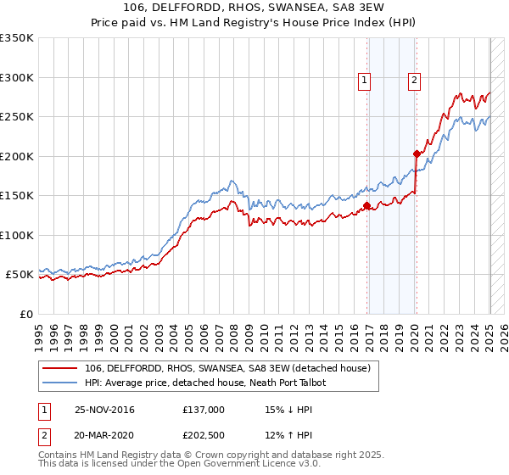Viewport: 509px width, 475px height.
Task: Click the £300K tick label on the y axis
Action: tap(16, 77)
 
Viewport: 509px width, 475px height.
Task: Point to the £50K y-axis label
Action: tap(19, 275)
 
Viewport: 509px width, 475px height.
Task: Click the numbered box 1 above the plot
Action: tap(364, 81)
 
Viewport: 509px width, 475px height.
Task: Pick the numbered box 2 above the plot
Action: tap(414, 81)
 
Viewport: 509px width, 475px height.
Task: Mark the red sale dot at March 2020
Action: tap(417, 154)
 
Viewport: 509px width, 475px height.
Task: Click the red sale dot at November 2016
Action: tap(366, 205)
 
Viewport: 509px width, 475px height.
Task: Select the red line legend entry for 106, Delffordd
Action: tap(227, 368)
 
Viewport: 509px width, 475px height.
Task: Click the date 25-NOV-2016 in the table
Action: tap(104, 410)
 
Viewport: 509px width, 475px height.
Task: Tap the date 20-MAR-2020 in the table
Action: tap(104, 437)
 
